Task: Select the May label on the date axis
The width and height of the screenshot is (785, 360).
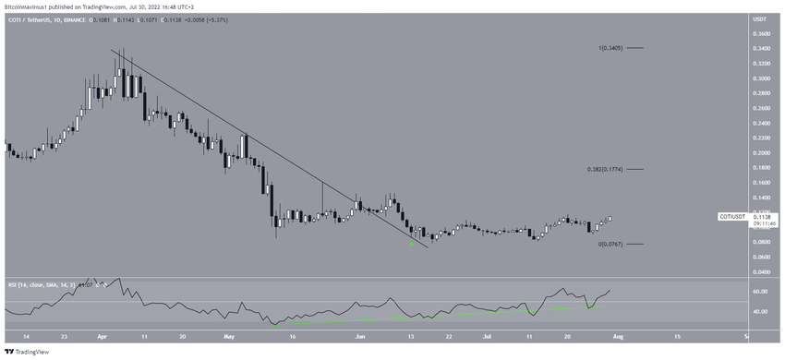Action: pyautogui.click(x=226, y=338)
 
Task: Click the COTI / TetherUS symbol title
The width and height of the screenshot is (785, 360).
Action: pyautogui.click(x=34, y=18)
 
